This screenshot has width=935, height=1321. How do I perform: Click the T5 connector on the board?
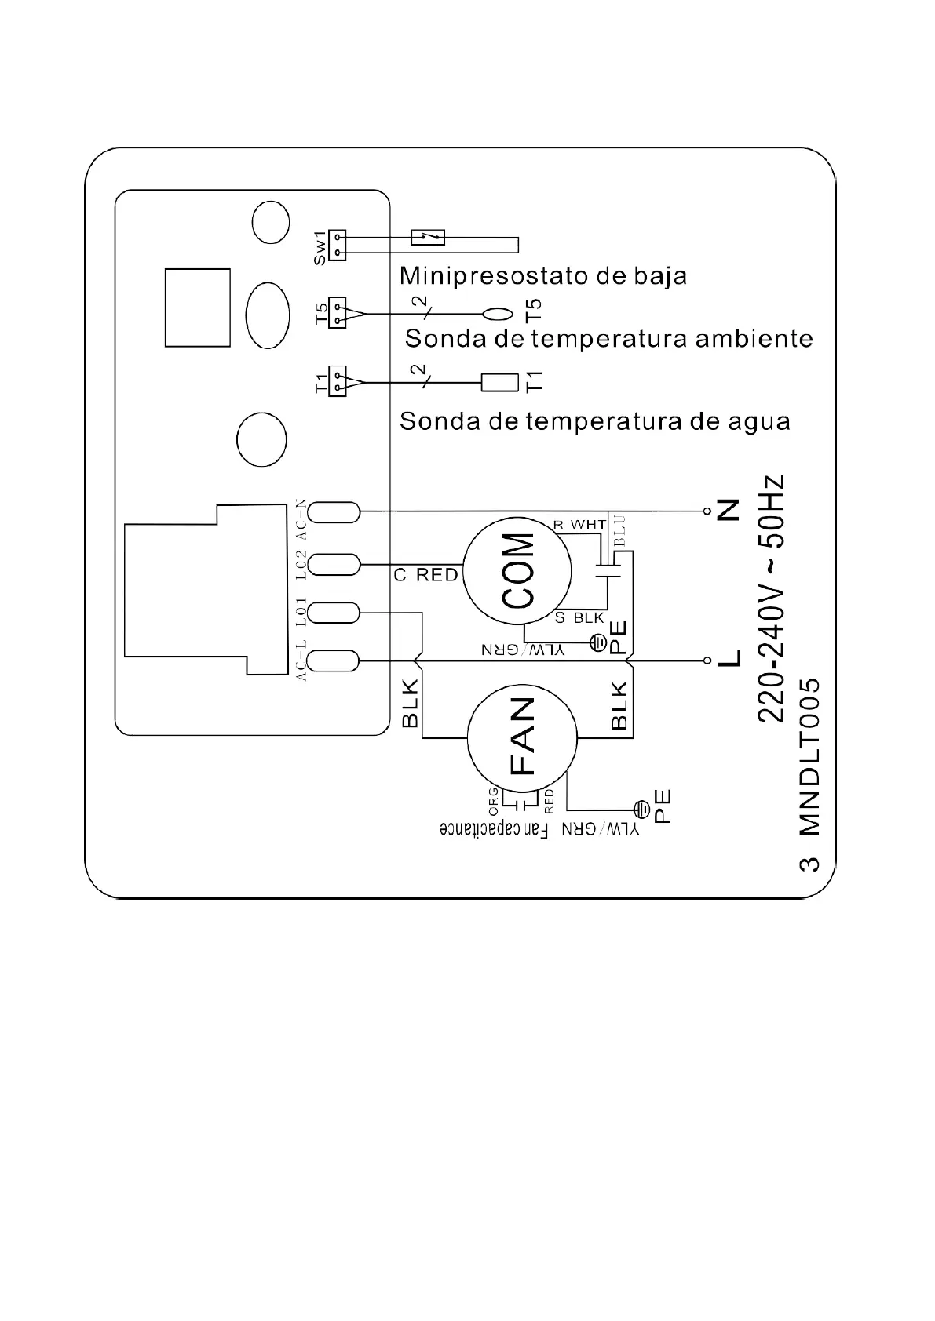tap(338, 314)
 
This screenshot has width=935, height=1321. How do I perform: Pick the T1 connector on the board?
tap(338, 382)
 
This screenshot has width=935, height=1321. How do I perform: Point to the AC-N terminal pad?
tap(334, 512)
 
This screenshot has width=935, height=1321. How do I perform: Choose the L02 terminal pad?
tap(334, 564)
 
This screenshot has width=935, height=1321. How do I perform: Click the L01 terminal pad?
tap(334, 613)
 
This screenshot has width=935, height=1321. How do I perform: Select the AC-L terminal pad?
tap(334, 661)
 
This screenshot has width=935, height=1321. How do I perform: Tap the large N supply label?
tap(729, 512)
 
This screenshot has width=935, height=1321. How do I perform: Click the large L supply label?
tap(729, 656)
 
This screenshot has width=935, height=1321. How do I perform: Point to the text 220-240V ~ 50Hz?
tap(772, 598)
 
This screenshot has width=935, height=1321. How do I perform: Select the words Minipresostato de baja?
tap(543, 276)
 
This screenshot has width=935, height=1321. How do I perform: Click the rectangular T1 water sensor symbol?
tap(499, 382)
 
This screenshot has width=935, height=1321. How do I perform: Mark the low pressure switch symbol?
tap(428, 235)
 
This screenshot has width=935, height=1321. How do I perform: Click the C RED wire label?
tap(425, 575)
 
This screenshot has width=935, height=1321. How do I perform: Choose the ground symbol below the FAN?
tap(641, 806)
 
